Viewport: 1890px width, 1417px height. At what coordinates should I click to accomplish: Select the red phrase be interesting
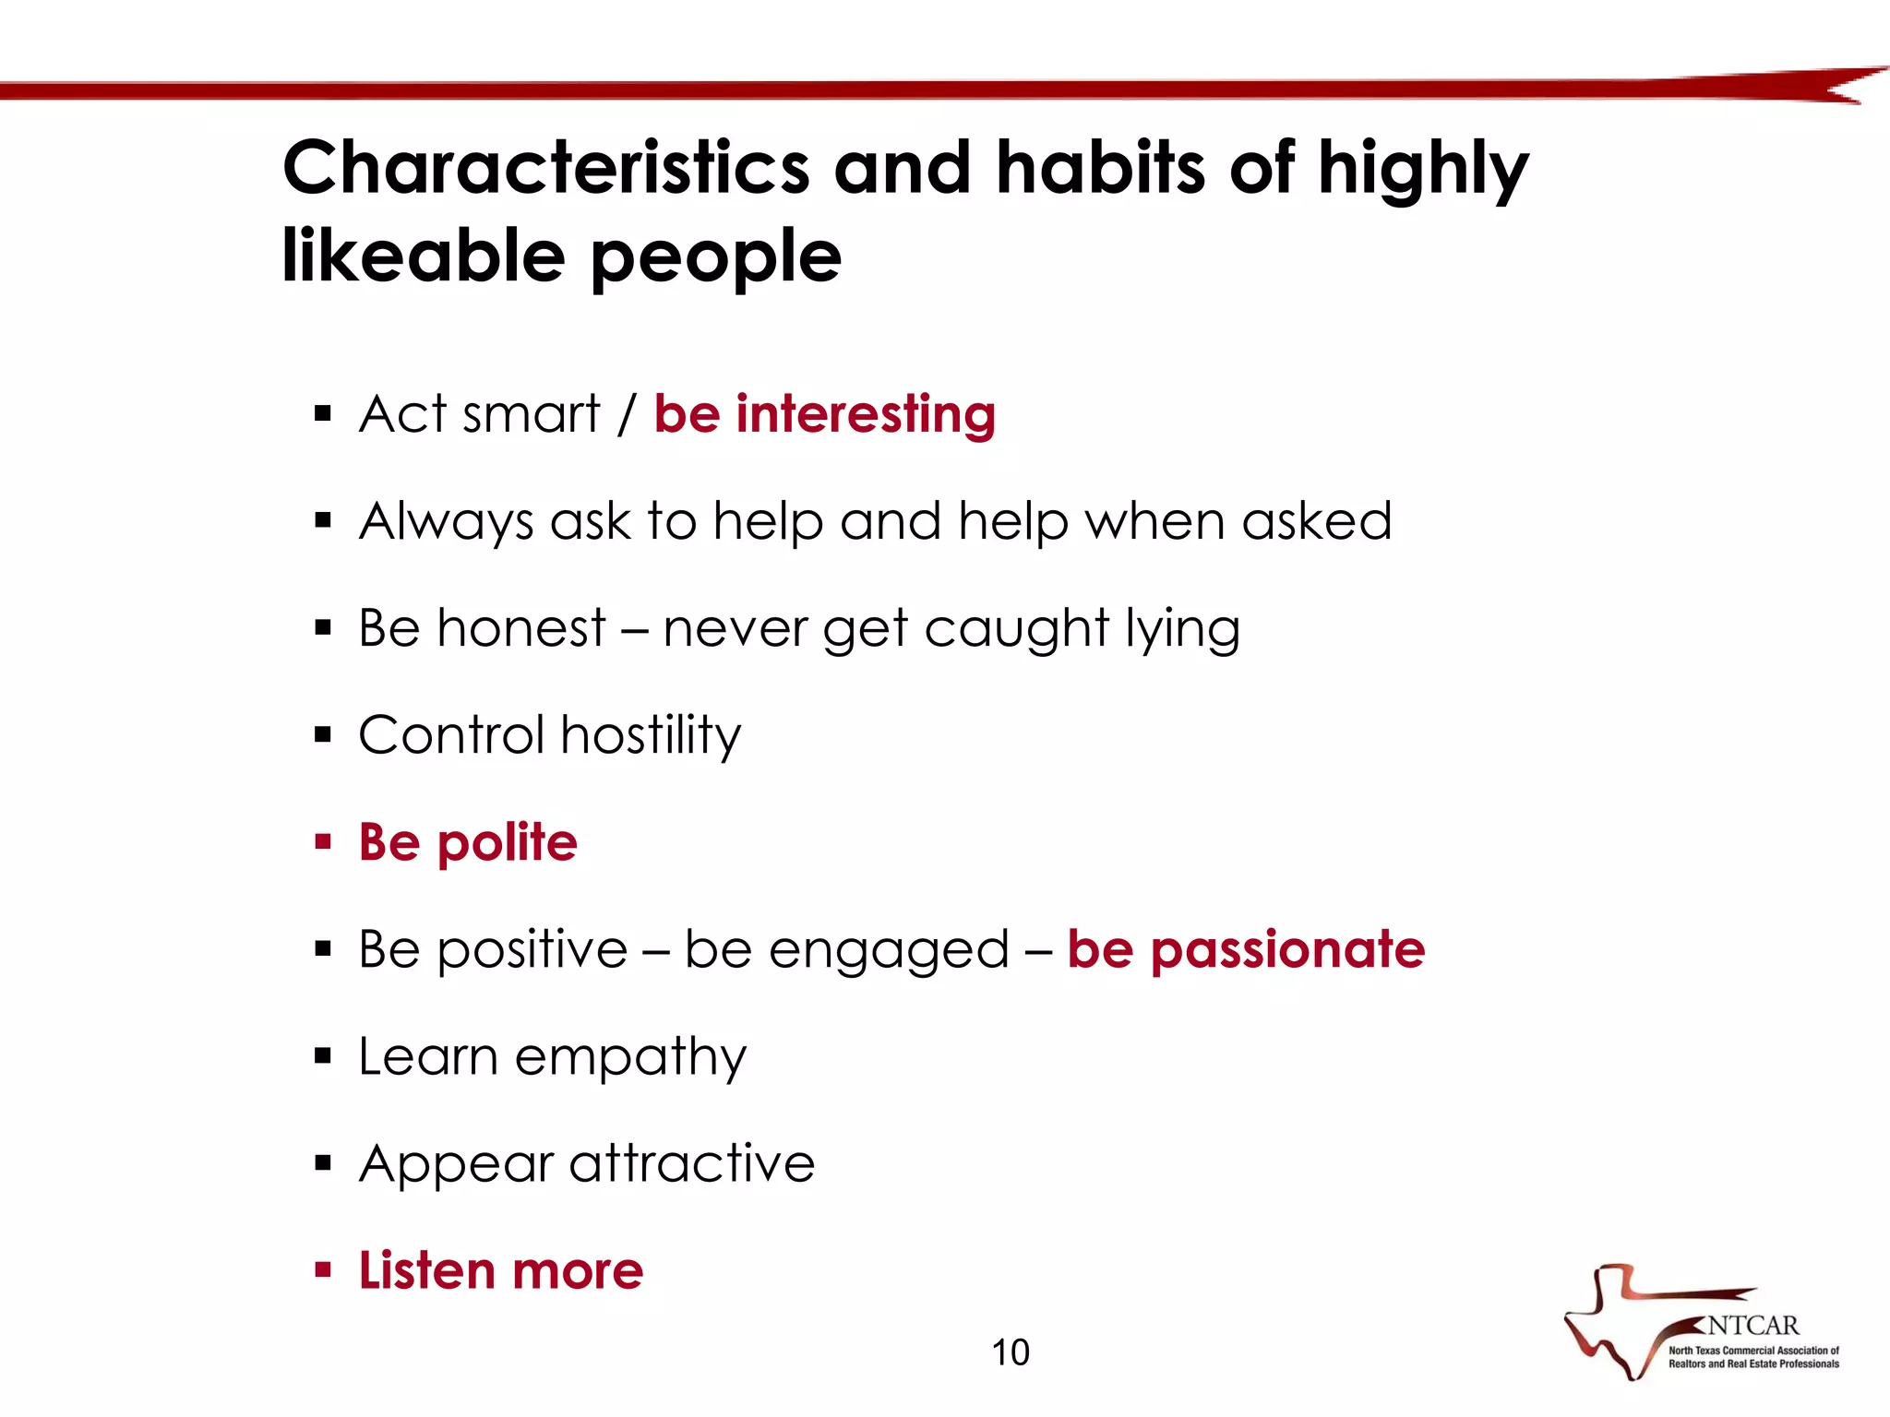(x=824, y=413)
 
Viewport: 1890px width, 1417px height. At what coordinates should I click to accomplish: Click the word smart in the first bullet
(x=531, y=413)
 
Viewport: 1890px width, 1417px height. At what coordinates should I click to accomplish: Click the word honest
(x=521, y=628)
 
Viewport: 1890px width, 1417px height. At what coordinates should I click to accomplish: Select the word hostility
(x=651, y=735)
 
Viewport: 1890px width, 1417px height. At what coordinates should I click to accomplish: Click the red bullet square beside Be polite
(x=322, y=841)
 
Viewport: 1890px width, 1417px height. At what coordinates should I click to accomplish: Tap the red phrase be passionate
(x=1246, y=949)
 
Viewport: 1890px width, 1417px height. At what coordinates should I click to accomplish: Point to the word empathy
(x=630, y=1057)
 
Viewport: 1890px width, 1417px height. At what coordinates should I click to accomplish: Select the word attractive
(x=692, y=1162)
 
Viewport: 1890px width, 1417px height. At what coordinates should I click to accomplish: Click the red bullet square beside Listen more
(x=322, y=1270)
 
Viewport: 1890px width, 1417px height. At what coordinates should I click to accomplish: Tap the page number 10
(x=1010, y=1352)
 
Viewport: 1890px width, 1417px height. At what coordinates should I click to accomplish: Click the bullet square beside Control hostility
(x=322, y=735)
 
